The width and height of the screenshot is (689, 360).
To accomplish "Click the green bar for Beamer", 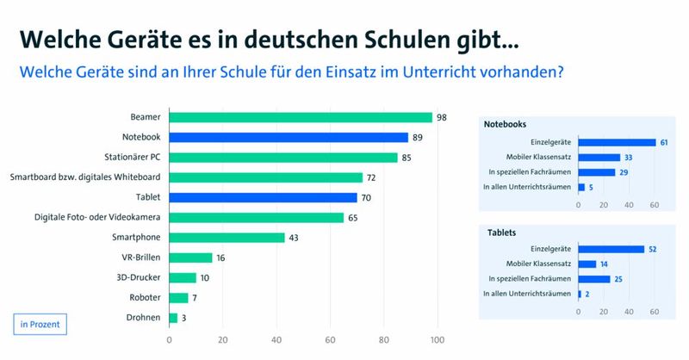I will coord(301,117).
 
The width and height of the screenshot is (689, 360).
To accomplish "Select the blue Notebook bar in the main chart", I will coord(289,137).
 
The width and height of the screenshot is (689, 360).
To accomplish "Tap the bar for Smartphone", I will coord(227,237).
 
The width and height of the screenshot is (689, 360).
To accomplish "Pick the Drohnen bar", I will coord(173,318).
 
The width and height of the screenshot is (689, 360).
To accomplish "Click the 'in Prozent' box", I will coord(40,325).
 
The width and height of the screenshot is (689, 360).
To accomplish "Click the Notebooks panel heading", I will coord(506,124).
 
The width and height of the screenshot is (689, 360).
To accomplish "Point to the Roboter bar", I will coord(178,297).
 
